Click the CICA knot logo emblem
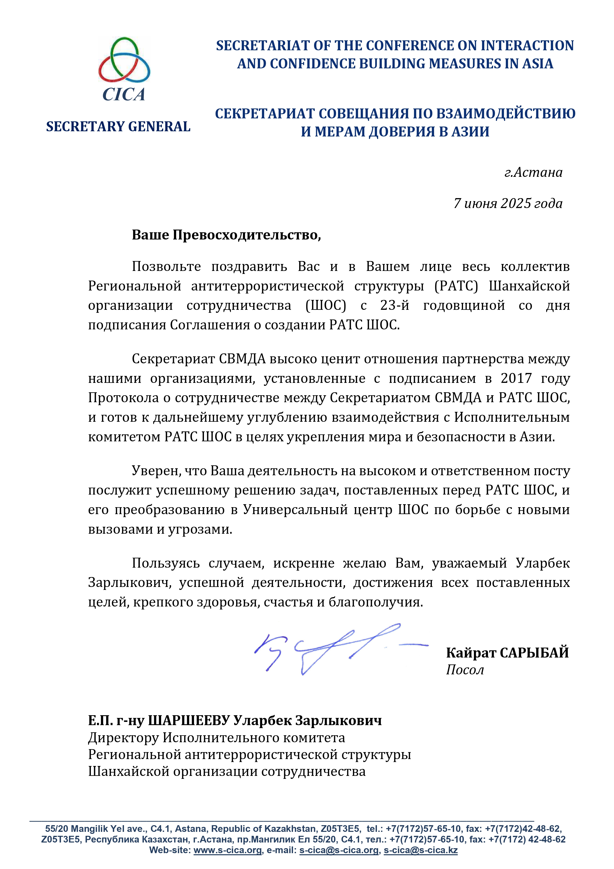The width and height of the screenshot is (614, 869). pos(124,61)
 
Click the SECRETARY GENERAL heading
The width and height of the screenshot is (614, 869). pos(118,127)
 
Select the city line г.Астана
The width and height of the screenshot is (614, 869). pos(533,173)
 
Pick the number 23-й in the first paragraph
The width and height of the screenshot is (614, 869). pos(394,305)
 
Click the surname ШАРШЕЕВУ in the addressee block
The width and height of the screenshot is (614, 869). pos(188,721)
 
